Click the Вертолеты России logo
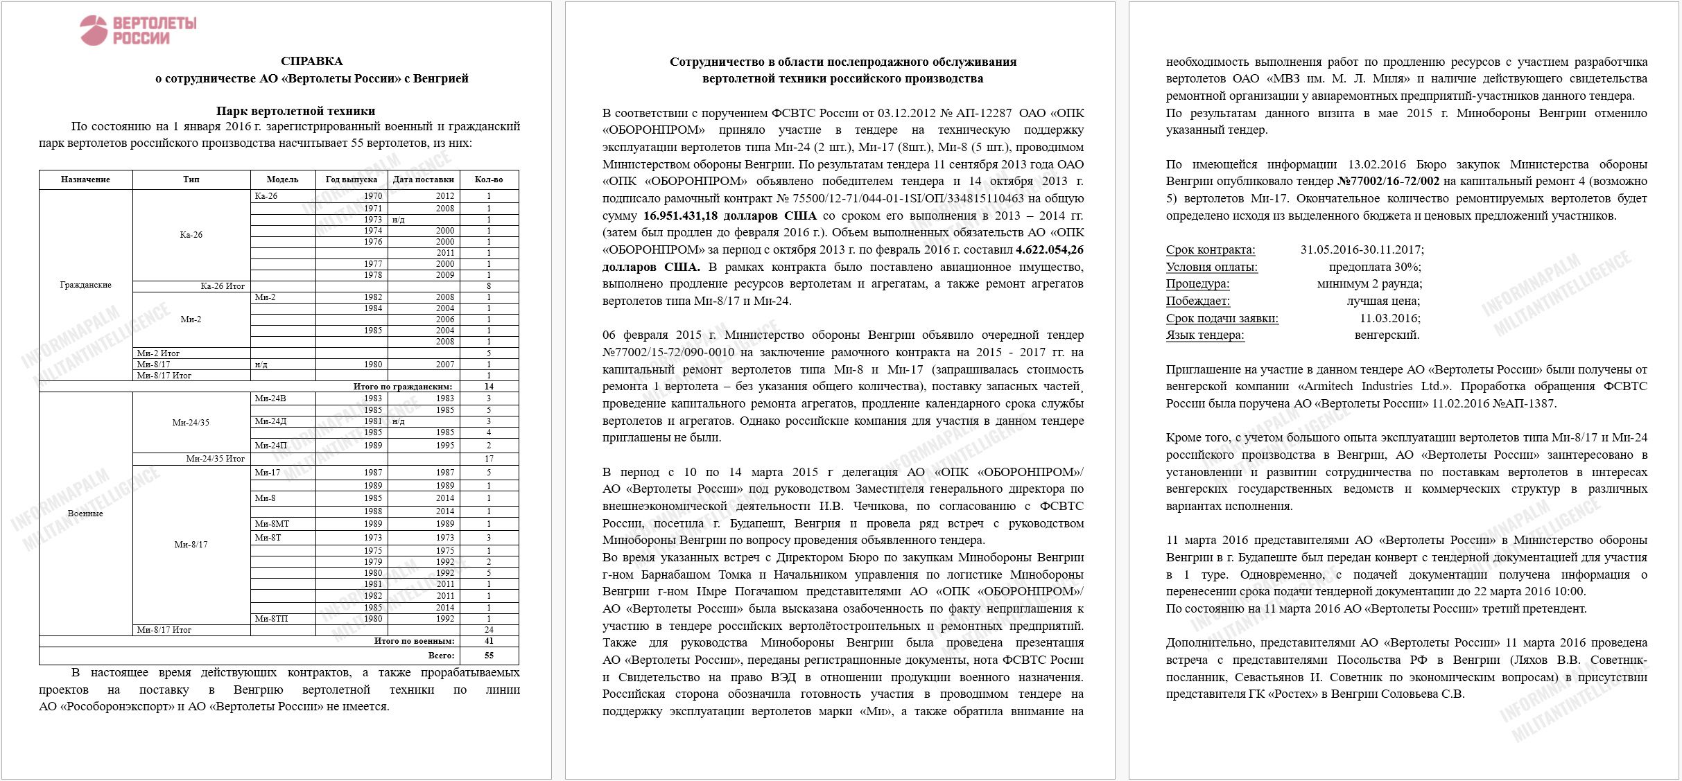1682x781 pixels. coord(138,30)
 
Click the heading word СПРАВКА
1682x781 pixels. coord(311,61)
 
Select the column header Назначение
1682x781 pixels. coord(85,179)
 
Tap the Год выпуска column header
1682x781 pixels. coord(351,179)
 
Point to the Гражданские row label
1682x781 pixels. coord(85,285)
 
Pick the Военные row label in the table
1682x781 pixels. coord(85,514)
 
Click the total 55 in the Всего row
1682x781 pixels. coord(489,655)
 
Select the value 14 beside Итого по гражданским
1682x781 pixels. coord(489,387)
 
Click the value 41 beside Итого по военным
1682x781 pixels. coord(489,641)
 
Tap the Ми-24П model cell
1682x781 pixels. coord(270,446)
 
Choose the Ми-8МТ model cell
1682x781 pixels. coord(272,524)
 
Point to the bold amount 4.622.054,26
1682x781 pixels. coord(1049,249)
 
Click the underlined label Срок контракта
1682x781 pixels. coord(1210,249)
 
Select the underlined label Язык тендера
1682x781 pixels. coord(1205,335)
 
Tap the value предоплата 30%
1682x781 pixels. coord(1375,267)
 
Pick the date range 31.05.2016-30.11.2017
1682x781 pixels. coord(1362,249)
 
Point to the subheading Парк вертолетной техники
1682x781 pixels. coord(295,111)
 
